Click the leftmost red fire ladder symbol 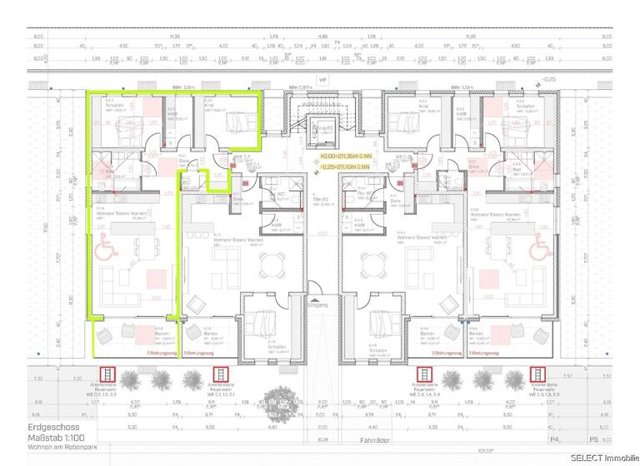(x=83, y=375)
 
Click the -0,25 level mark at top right (x=547, y=79)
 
